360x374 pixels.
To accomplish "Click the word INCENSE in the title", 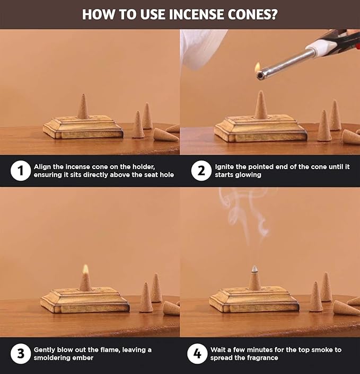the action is [197, 14].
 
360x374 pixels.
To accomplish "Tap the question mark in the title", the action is [274, 14].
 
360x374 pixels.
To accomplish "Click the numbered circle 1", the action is [21, 171].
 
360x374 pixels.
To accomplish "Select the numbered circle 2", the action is [201, 171].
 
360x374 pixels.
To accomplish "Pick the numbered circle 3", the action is [21, 353].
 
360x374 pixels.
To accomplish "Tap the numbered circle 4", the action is [197, 353].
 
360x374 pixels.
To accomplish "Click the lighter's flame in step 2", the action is [257, 68].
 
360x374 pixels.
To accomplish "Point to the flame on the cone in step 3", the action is [85, 269].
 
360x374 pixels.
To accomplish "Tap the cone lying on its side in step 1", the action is [165, 135].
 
